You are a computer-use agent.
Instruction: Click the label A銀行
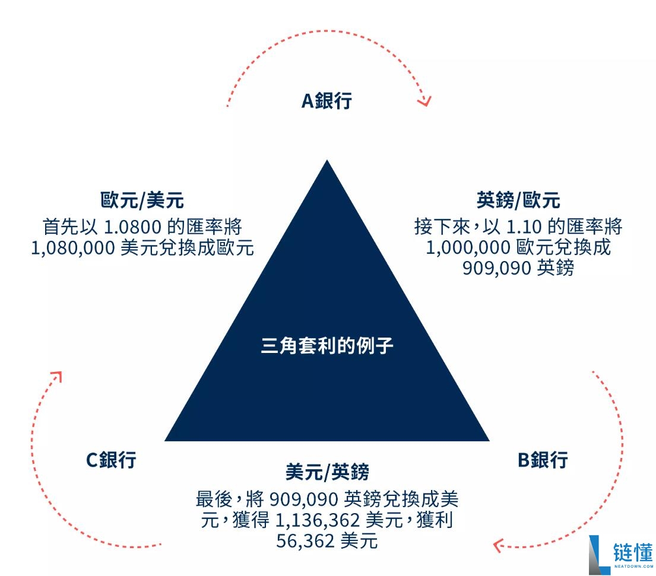coord(327,100)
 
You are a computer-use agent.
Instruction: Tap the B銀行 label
coord(543,459)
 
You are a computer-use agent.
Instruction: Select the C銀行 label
coord(111,459)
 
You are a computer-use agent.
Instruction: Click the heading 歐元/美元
coord(142,201)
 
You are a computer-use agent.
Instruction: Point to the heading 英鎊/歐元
coord(518,201)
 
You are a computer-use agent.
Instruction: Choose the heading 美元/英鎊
coord(327,472)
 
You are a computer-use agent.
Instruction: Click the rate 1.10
coord(525,227)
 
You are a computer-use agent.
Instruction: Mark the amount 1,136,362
coord(318,521)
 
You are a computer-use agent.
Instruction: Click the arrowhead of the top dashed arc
coord(424,100)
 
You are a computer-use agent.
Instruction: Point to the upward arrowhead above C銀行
coord(56,376)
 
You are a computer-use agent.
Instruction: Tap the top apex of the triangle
coord(327,161)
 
